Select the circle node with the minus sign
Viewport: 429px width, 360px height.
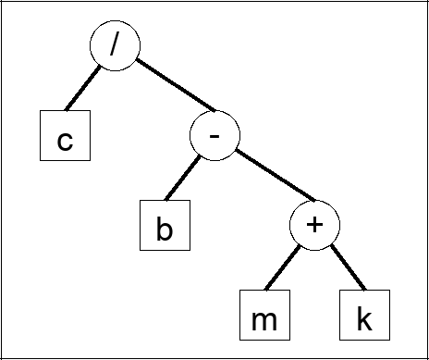tap(214, 137)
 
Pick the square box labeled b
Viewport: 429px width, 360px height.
tap(165, 225)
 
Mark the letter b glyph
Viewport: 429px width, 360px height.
tap(165, 229)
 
